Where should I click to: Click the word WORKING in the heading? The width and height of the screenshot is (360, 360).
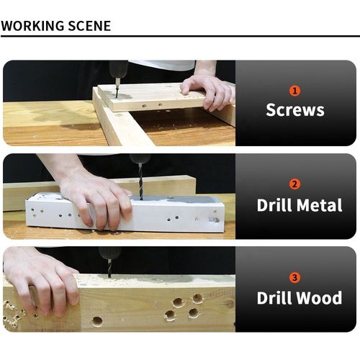click(x=33, y=26)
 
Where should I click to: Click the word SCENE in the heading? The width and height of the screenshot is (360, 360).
click(x=89, y=26)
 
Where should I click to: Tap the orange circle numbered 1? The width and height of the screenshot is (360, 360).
click(x=294, y=91)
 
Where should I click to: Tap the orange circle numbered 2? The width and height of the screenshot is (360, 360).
click(x=294, y=184)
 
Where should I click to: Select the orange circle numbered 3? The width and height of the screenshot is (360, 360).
click(x=294, y=277)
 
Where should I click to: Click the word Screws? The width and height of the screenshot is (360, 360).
click(x=295, y=110)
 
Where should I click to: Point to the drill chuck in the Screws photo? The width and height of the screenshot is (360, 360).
click(x=119, y=69)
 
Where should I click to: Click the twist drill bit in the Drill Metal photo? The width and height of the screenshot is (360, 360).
click(x=140, y=182)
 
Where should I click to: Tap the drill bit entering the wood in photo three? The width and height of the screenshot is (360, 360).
click(x=109, y=269)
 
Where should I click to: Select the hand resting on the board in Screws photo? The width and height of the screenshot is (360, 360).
click(x=209, y=92)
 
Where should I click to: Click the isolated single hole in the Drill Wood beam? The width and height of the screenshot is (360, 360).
click(x=97, y=321)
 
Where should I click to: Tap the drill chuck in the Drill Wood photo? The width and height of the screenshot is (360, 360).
click(x=109, y=253)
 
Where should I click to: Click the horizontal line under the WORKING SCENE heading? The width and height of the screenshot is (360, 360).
click(x=180, y=36)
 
